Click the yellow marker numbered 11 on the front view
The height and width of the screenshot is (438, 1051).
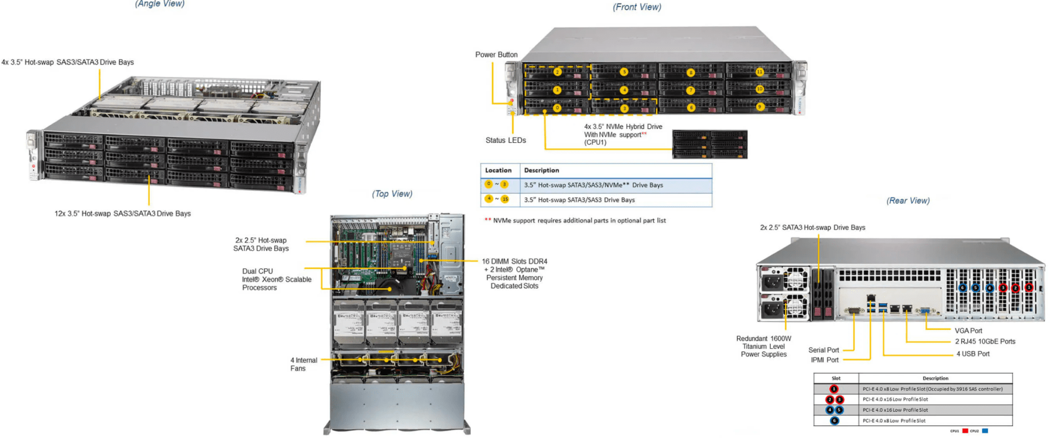(x=760, y=72)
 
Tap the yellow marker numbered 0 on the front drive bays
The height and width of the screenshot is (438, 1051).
(x=557, y=108)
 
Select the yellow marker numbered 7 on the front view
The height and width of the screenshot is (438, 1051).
(x=691, y=90)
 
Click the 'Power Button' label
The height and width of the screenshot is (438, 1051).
(x=496, y=54)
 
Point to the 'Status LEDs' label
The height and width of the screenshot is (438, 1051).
(x=505, y=140)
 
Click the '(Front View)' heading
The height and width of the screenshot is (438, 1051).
(x=637, y=7)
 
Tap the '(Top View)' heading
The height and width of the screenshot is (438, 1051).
(x=392, y=194)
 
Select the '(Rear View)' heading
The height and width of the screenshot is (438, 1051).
(x=908, y=201)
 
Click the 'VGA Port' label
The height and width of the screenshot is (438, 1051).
(x=968, y=331)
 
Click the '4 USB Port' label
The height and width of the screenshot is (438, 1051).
(x=972, y=354)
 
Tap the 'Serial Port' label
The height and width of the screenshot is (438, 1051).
(x=823, y=350)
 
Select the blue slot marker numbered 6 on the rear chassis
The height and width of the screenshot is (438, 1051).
(x=963, y=288)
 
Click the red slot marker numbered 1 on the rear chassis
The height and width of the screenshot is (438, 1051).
(x=1029, y=288)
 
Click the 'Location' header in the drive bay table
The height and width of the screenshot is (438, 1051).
(x=498, y=170)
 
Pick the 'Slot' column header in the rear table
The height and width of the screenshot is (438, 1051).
(x=836, y=378)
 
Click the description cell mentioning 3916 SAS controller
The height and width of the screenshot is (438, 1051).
(x=932, y=389)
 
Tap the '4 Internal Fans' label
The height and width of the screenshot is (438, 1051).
(x=303, y=364)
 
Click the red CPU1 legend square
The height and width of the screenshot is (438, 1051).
(x=965, y=431)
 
